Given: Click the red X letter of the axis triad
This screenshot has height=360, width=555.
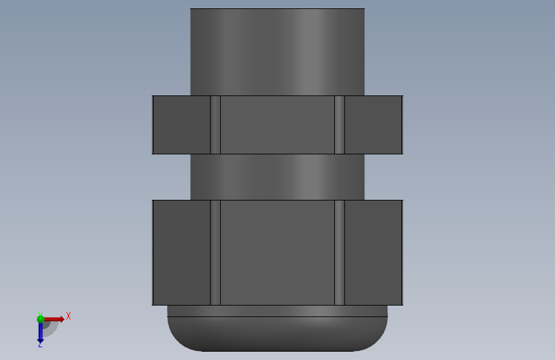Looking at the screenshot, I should [x=68, y=316].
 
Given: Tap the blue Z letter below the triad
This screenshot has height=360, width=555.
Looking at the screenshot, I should [x=40, y=345].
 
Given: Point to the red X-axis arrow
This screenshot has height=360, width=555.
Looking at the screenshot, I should [x=55, y=318].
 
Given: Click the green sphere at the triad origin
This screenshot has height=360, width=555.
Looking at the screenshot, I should [x=41, y=318].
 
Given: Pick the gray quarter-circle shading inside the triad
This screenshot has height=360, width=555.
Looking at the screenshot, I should [x=50, y=327].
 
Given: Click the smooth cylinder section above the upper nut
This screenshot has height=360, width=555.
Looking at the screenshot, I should [x=277, y=51].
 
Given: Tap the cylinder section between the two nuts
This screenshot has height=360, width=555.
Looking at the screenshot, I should [x=277, y=177].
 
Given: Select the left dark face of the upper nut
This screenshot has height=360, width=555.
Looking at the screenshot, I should [x=181, y=125].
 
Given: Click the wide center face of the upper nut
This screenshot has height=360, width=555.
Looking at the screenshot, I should [x=277, y=125].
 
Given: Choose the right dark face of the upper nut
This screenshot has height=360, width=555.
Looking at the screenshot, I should [x=373, y=125].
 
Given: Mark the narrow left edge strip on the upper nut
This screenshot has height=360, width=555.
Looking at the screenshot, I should [x=215, y=125].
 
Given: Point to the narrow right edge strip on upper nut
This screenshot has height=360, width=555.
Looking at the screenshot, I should [x=339, y=125].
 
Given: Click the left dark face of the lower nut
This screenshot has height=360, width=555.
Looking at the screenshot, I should [x=181, y=252].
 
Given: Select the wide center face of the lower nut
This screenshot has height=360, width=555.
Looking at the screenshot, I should [x=277, y=252].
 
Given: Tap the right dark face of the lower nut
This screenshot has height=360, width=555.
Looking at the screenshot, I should [x=373, y=252].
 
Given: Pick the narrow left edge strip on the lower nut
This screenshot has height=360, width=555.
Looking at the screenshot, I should [x=215, y=252].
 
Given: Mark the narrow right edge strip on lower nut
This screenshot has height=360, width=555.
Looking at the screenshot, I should [x=339, y=252].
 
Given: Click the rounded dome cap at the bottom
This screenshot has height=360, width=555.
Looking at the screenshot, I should [x=277, y=334].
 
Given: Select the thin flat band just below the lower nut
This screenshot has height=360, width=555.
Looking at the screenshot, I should [x=277, y=311].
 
